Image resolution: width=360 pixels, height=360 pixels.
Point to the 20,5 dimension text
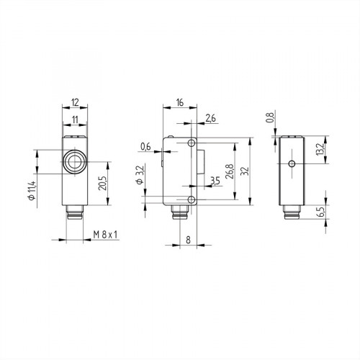tap(102, 184)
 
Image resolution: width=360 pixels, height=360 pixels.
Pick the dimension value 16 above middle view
tap(179, 103)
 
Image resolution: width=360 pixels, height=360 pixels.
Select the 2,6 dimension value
tap(210, 117)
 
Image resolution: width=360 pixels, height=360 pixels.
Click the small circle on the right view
tap(290, 164)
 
